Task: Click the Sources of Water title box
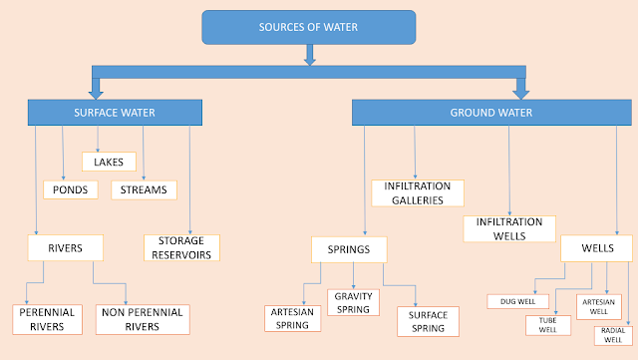(309, 27)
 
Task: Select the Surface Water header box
(115, 113)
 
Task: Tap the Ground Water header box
(491, 113)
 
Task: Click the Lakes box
(109, 162)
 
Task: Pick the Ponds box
(71, 189)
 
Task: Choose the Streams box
(144, 189)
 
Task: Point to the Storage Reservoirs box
(181, 247)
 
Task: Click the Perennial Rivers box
(47, 320)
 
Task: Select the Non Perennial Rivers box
(143, 320)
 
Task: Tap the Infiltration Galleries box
(418, 193)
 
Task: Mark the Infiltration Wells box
(509, 229)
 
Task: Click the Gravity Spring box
(353, 302)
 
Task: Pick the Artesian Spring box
(292, 318)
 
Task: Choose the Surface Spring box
(428, 322)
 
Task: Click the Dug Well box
(517, 301)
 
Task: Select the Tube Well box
(547, 325)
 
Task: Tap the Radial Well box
(613, 335)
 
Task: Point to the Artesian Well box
(598, 307)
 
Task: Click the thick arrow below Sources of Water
(310, 55)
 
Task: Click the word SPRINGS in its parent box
(349, 249)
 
